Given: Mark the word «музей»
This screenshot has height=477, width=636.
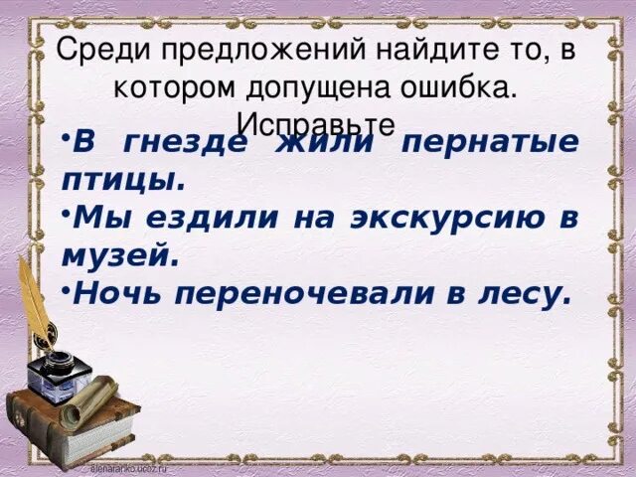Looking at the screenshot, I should point(119,256).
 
